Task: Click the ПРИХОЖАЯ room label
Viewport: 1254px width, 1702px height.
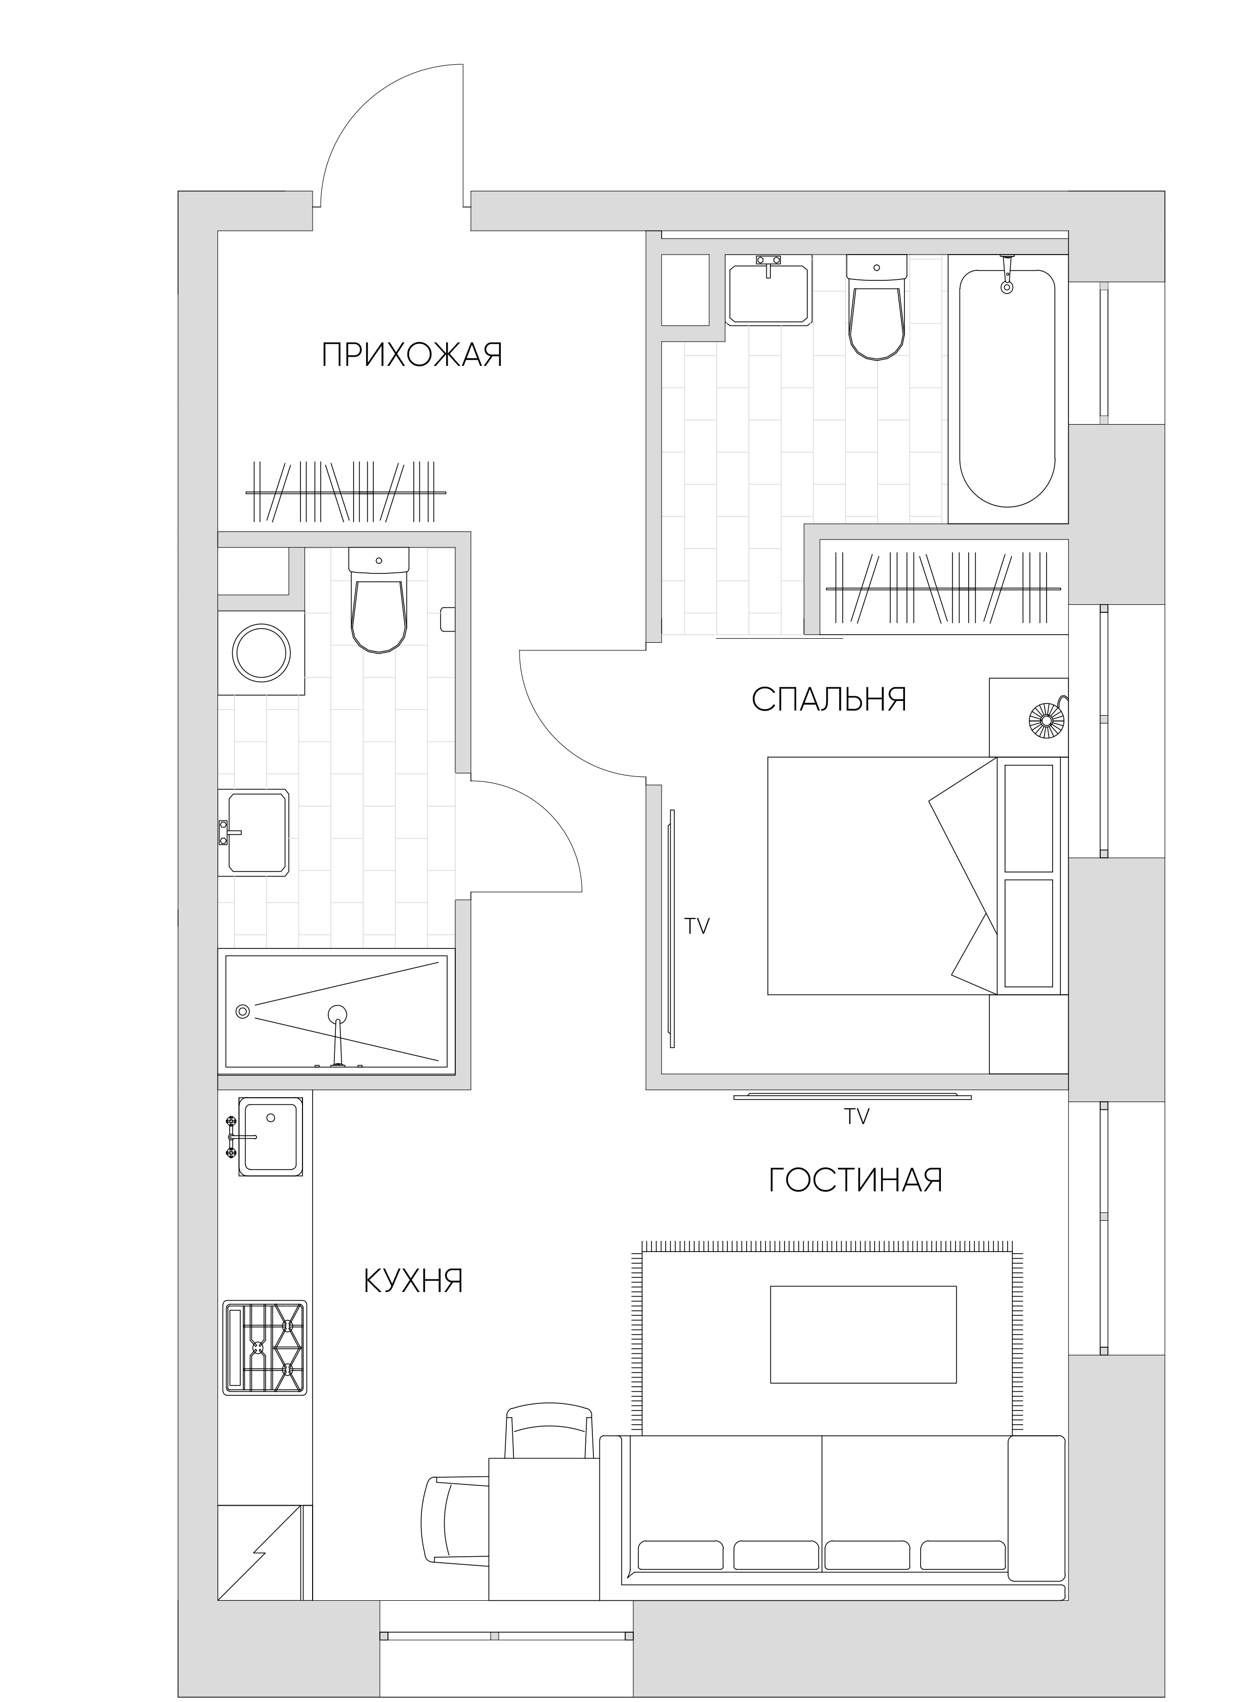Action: pyautogui.click(x=412, y=355)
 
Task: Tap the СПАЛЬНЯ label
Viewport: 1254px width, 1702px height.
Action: pyautogui.click(x=829, y=699)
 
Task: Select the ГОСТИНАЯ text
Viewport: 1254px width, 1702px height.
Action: pyautogui.click(x=855, y=1180)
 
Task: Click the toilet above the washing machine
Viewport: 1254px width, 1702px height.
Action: pyautogui.click(x=379, y=600)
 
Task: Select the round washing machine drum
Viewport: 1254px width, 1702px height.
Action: pyautogui.click(x=261, y=652)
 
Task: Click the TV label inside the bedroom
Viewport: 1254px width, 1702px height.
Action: pyautogui.click(x=697, y=926)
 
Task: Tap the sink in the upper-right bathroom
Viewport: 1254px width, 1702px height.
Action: pyautogui.click(x=769, y=290)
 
